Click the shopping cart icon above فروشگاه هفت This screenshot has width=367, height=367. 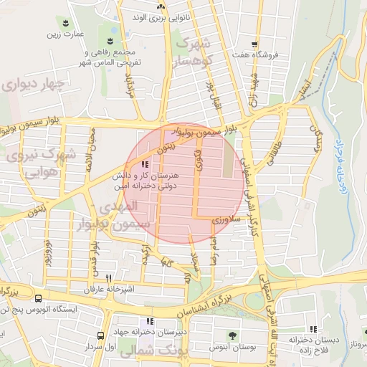pyautogui.click(x=254, y=43)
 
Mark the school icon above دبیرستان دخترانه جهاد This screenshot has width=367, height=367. pyautogui.click(x=150, y=321)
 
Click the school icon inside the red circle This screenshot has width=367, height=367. pyautogui.click(x=146, y=164)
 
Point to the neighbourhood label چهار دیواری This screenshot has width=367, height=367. pyautogui.click(x=33, y=85)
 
